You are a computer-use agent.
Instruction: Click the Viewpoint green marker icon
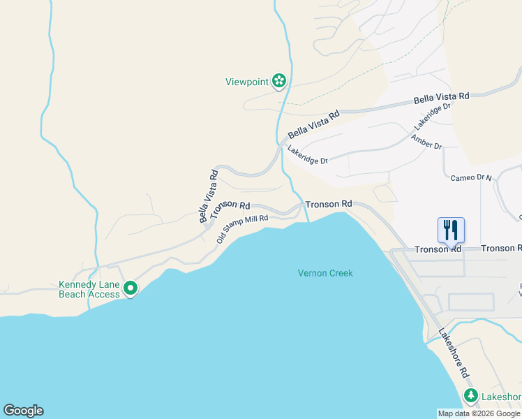(x=279, y=81)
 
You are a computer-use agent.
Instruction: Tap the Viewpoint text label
(x=247, y=82)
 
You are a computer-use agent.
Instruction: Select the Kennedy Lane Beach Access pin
(x=130, y=288)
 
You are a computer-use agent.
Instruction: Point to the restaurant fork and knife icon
(x=451, y=228)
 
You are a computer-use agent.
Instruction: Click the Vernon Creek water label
(x=325, y=273)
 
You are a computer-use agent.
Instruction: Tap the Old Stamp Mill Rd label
(x=242, y=228)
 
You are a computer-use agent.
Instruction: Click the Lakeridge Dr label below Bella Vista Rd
(x=308, y=155)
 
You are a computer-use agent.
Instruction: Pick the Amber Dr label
(x=426, y=142)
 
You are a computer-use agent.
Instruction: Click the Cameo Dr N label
(x=471, y=178)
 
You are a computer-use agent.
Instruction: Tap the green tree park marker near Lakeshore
(x=471, y=396)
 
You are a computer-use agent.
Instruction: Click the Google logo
(x=23, y=411)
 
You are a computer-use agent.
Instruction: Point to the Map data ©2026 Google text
(x=479, y=413)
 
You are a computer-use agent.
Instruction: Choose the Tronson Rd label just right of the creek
(x=328, y=204)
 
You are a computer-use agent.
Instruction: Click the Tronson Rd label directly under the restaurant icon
(x=438, y=249)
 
